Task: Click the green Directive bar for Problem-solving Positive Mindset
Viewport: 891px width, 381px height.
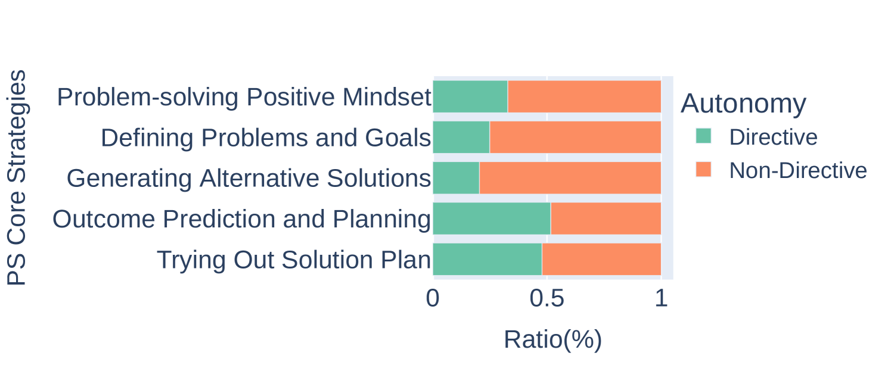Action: pos(470,96)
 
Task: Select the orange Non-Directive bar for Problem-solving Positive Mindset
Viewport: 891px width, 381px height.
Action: pos(584,96)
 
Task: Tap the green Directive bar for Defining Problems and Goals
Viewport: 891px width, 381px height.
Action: pos(461,137)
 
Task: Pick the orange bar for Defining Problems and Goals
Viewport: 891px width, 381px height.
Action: pos(575,137)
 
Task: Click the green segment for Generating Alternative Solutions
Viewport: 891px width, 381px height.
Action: pos(457,178)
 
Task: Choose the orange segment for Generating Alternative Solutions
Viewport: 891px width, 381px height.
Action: pos(570,178)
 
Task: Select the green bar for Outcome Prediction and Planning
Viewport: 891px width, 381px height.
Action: pos(492,218)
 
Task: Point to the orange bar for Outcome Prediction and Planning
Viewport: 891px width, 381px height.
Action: pos(606,218)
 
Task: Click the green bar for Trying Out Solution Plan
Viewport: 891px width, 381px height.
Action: pos(488,259)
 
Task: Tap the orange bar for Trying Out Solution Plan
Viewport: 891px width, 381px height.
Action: pos(601,259)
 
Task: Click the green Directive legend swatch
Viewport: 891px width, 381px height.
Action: pos(703,136)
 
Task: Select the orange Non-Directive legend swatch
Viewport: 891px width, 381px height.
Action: pos(703,169)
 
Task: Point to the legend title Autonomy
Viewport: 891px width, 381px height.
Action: pos(743,104)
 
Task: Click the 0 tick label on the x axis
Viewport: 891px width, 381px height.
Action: pos(433,298)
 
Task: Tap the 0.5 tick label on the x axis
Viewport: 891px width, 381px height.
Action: pos(547,298)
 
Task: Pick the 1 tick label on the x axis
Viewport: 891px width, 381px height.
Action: pos(661,298)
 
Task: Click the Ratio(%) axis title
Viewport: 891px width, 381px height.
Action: pos(553,340)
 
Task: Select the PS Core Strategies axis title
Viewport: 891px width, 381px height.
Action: pos(17,177)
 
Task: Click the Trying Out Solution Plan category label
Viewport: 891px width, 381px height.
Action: pos(294,260)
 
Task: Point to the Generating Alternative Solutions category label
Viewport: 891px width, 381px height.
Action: pos(249,178)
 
